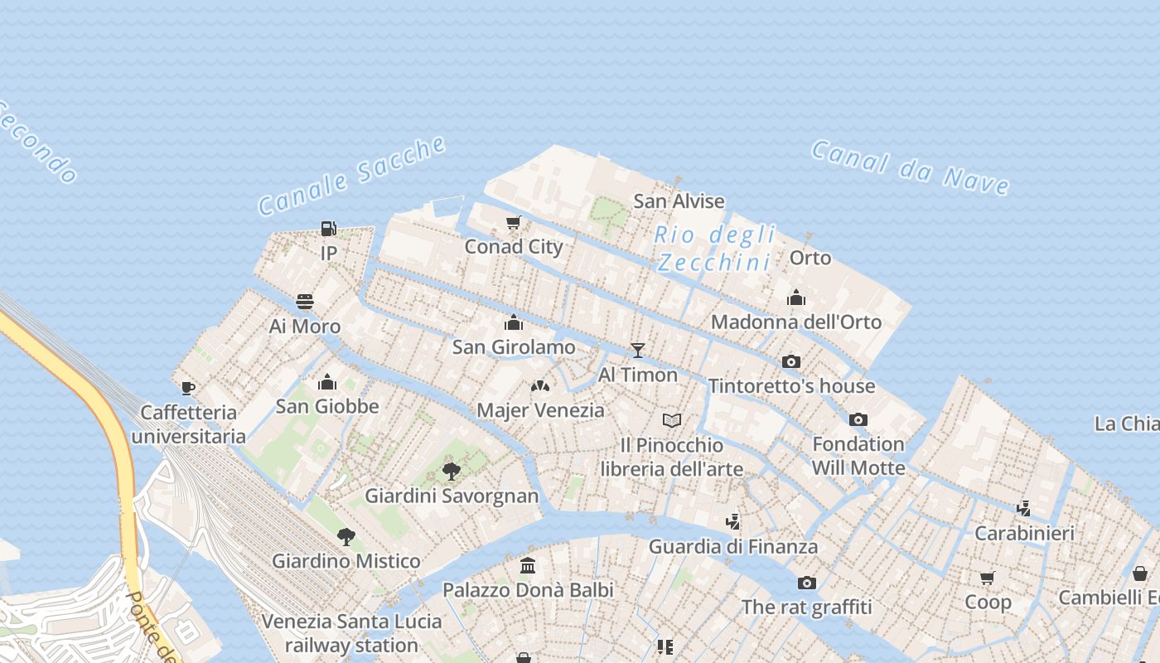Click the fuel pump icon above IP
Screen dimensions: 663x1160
(x=328, y=229)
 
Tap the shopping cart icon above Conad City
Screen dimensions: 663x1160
(x=514, y=222)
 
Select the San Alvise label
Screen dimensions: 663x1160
(x=679, y=201)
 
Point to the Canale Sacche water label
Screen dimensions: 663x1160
(x=352, y=177)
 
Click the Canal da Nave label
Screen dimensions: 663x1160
(x=910, y=167)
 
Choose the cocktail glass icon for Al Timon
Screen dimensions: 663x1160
(x=637, y=350)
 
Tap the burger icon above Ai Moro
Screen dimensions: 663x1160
(x=305, y=301)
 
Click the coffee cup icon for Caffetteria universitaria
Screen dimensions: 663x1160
(x=188, y=388)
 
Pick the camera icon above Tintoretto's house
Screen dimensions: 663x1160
(x=791, y=361)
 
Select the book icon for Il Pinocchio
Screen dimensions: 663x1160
(x=672, y=421)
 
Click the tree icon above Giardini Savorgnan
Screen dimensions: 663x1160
(x=452, y=472)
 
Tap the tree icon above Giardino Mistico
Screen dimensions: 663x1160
(x=346, y=536)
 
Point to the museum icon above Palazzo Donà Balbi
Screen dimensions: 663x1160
(x=528, y=566)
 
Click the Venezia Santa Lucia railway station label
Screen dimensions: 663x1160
(x=351, y=633)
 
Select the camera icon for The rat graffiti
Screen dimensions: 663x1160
(x=806, y=583)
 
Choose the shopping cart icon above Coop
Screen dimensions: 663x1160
(x=987, y=578)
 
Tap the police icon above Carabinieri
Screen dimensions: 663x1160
(x=1024, y=508)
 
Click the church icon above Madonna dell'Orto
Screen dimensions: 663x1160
(x=796, y=298)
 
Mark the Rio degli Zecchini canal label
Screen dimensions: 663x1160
(x=714, y=249)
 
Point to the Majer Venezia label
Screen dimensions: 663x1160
(x=540, y=410)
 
